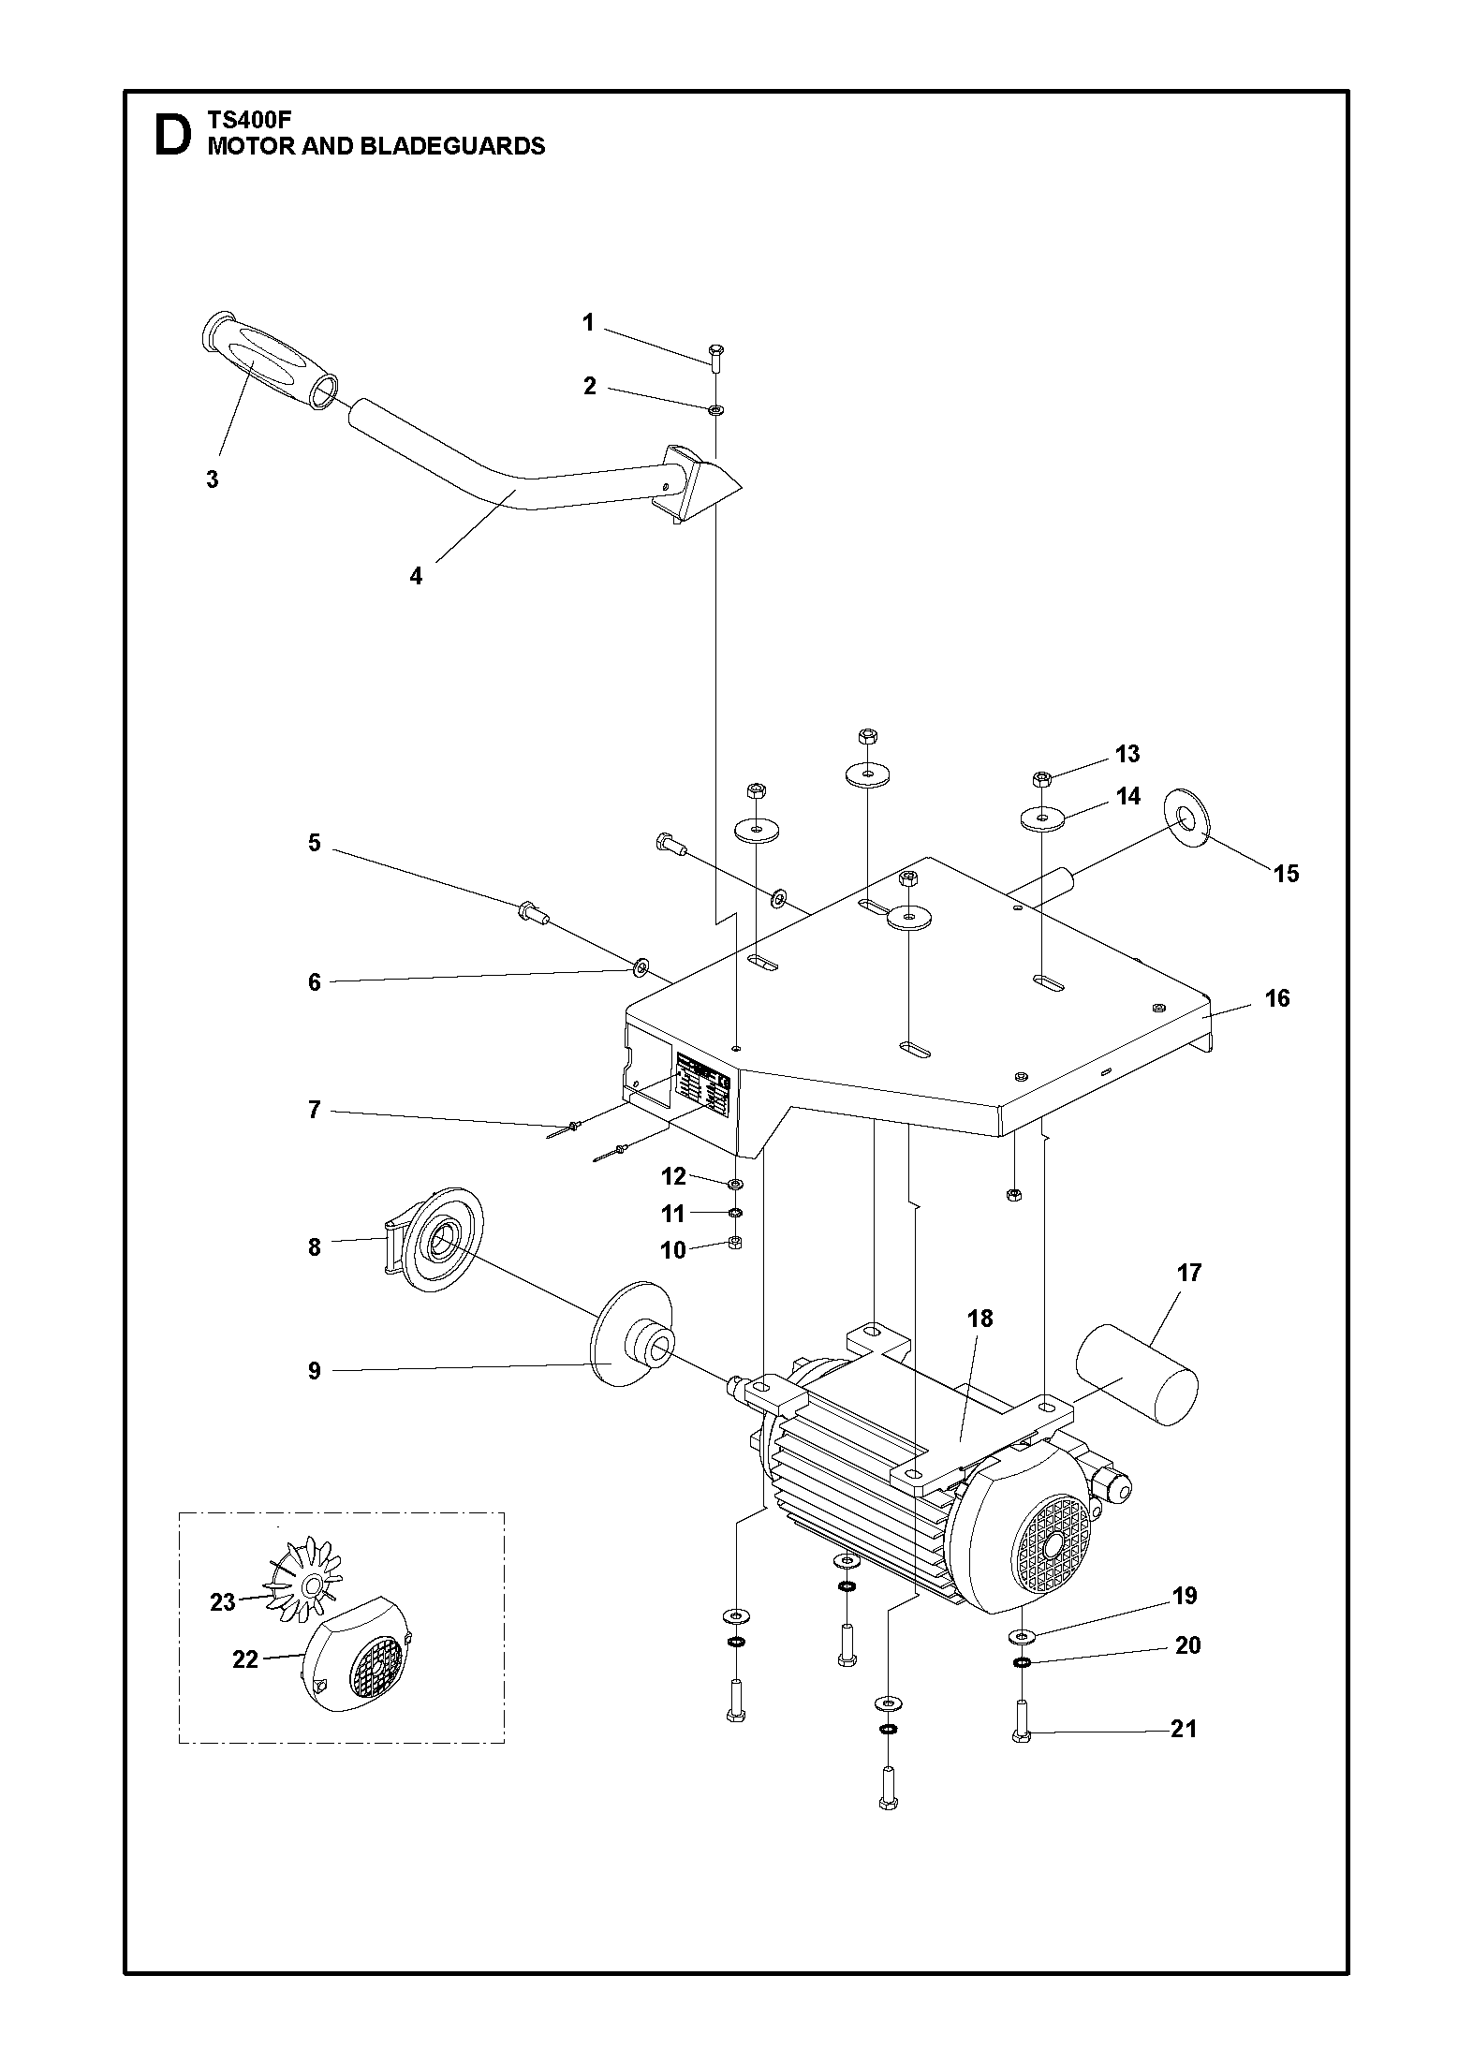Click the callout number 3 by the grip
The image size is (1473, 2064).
click(x=213, y=479)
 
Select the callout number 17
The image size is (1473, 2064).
click(x=1189, y=1273)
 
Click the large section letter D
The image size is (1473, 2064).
click(x=172, y=135)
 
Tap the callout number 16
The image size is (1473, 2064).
click(x=1277, y=998)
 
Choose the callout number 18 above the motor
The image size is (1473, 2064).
click(x=980, y=1319)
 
